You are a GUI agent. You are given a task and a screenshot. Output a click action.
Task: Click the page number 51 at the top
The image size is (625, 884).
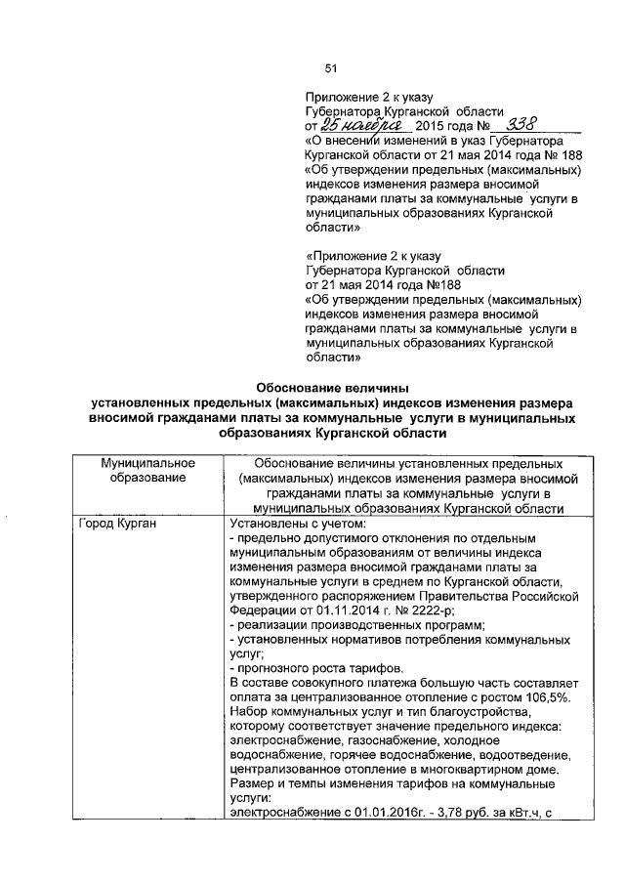[330, 68]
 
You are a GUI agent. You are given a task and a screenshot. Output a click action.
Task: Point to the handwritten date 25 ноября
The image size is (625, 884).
[361, 126]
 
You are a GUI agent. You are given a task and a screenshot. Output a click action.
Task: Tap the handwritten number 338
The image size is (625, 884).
[514, 125]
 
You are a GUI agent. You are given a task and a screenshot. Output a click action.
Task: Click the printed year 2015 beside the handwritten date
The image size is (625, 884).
[430, 127]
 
